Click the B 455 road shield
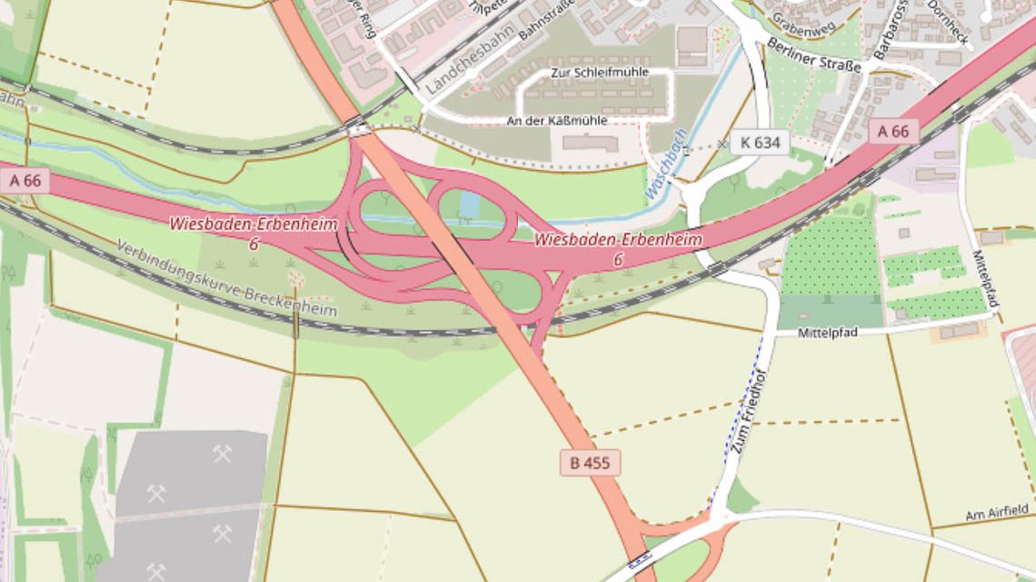pos(590,463)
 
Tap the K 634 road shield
pos(760,142)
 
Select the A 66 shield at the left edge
pos(25,180)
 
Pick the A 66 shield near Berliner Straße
pos(892,131)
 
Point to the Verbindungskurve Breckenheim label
pos(226,278)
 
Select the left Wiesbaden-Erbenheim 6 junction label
pos(254,233)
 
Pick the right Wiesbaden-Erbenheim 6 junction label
pos(618,248)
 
